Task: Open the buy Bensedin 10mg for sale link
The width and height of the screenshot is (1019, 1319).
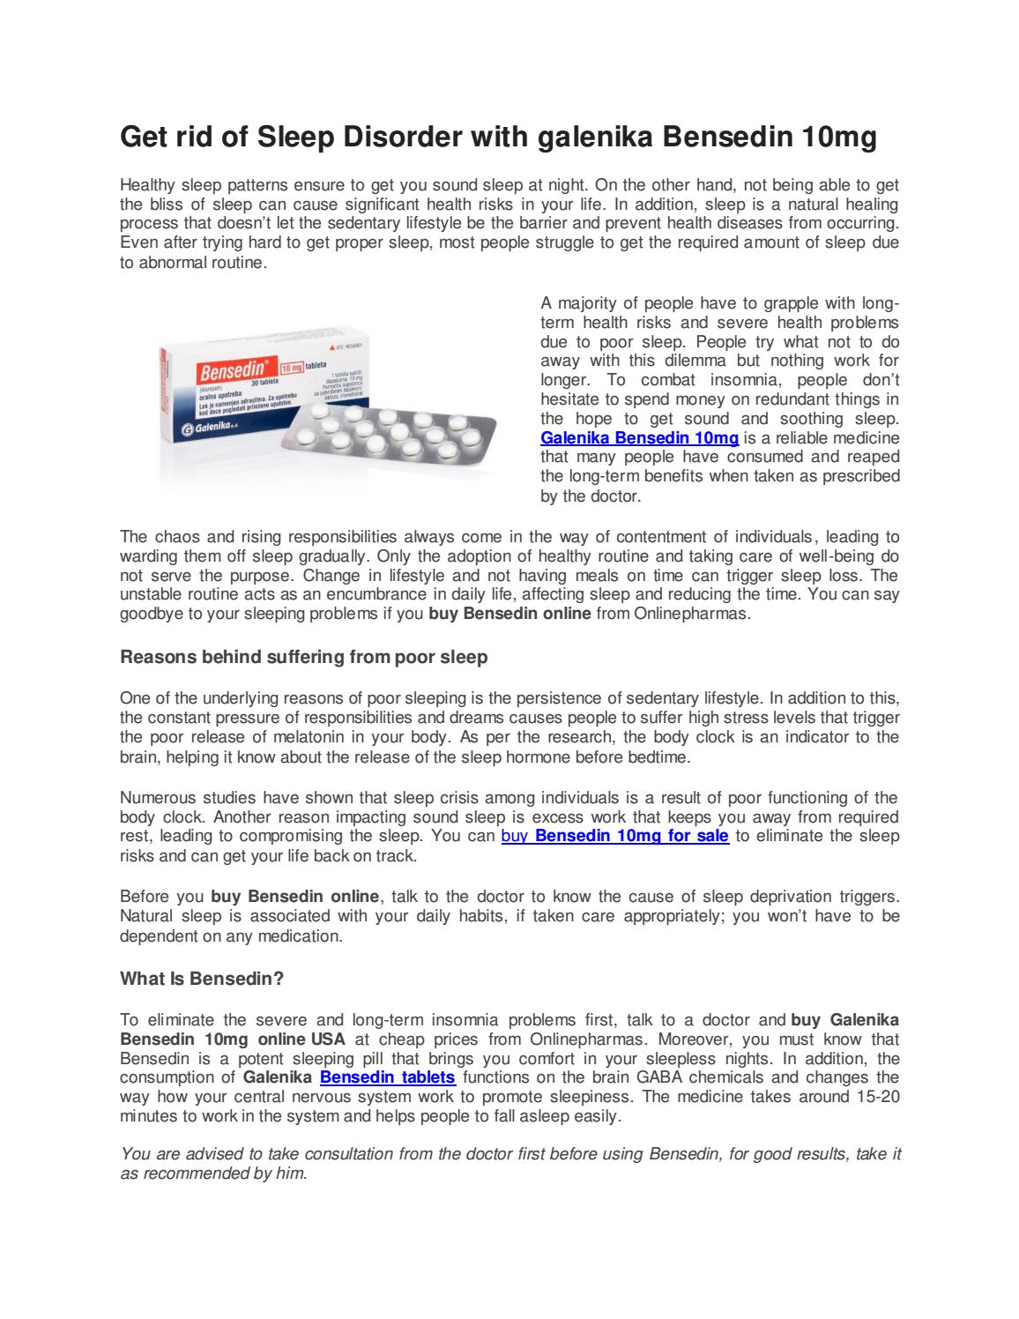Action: click(614, 836)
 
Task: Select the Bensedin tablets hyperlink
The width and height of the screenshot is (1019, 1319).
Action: click(387, 1077)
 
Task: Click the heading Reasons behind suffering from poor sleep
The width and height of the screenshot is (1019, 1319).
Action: click(303, 657)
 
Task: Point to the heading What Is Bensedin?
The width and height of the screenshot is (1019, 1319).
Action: click(201, 979)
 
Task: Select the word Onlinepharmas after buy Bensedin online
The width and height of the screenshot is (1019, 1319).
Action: click(691, 614)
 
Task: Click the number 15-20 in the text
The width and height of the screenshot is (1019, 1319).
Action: click(877, 1097)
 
